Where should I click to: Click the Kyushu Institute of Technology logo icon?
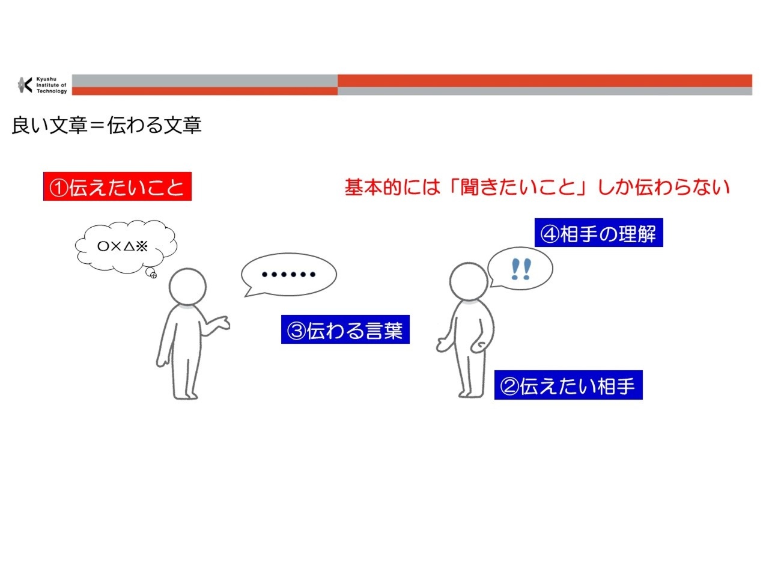click(25, 85)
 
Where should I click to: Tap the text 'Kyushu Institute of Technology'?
click(52, 85)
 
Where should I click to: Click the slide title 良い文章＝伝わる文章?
click(106, 125)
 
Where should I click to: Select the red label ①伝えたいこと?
click(117, 186)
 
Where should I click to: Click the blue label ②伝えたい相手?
click(568, 385)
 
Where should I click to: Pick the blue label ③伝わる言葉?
click(345, 329)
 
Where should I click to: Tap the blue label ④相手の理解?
click(598, 233)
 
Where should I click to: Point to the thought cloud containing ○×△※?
click(126, 246)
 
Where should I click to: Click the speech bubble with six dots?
click(289, 275)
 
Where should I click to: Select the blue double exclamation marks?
click(521, 269)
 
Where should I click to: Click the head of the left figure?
click(187, 287)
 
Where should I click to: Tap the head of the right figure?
click(469, 281)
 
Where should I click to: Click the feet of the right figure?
click(470, 394)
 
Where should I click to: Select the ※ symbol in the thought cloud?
click(142, 246)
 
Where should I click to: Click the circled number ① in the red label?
click(58, 187)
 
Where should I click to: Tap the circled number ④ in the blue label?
click(549, 234)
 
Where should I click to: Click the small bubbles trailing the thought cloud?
click(151, 273)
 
